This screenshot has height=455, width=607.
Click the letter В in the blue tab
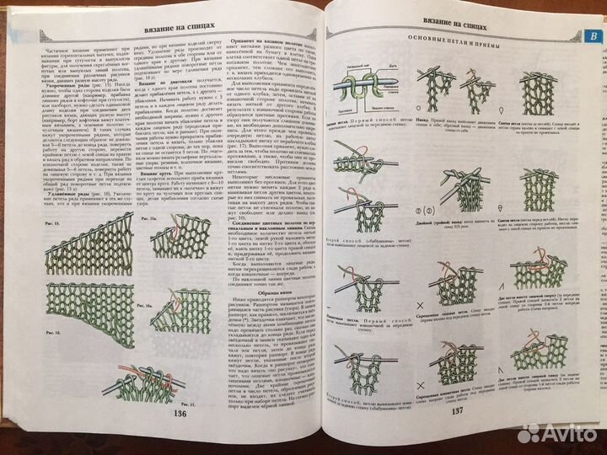[x=592, y=36]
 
